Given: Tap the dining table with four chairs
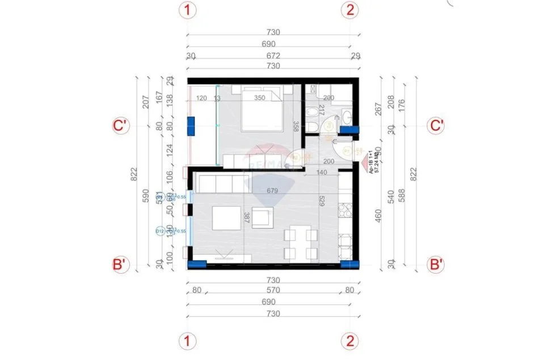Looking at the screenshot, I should (298, 243).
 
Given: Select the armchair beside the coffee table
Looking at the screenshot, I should (262, 217).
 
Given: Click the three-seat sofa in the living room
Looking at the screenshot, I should (222, 183).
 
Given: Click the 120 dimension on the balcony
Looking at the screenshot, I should (201, 98).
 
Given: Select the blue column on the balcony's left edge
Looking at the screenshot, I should (191, 125).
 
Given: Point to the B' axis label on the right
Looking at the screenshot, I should (436, 264).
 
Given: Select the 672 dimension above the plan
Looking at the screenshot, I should (274, 56).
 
